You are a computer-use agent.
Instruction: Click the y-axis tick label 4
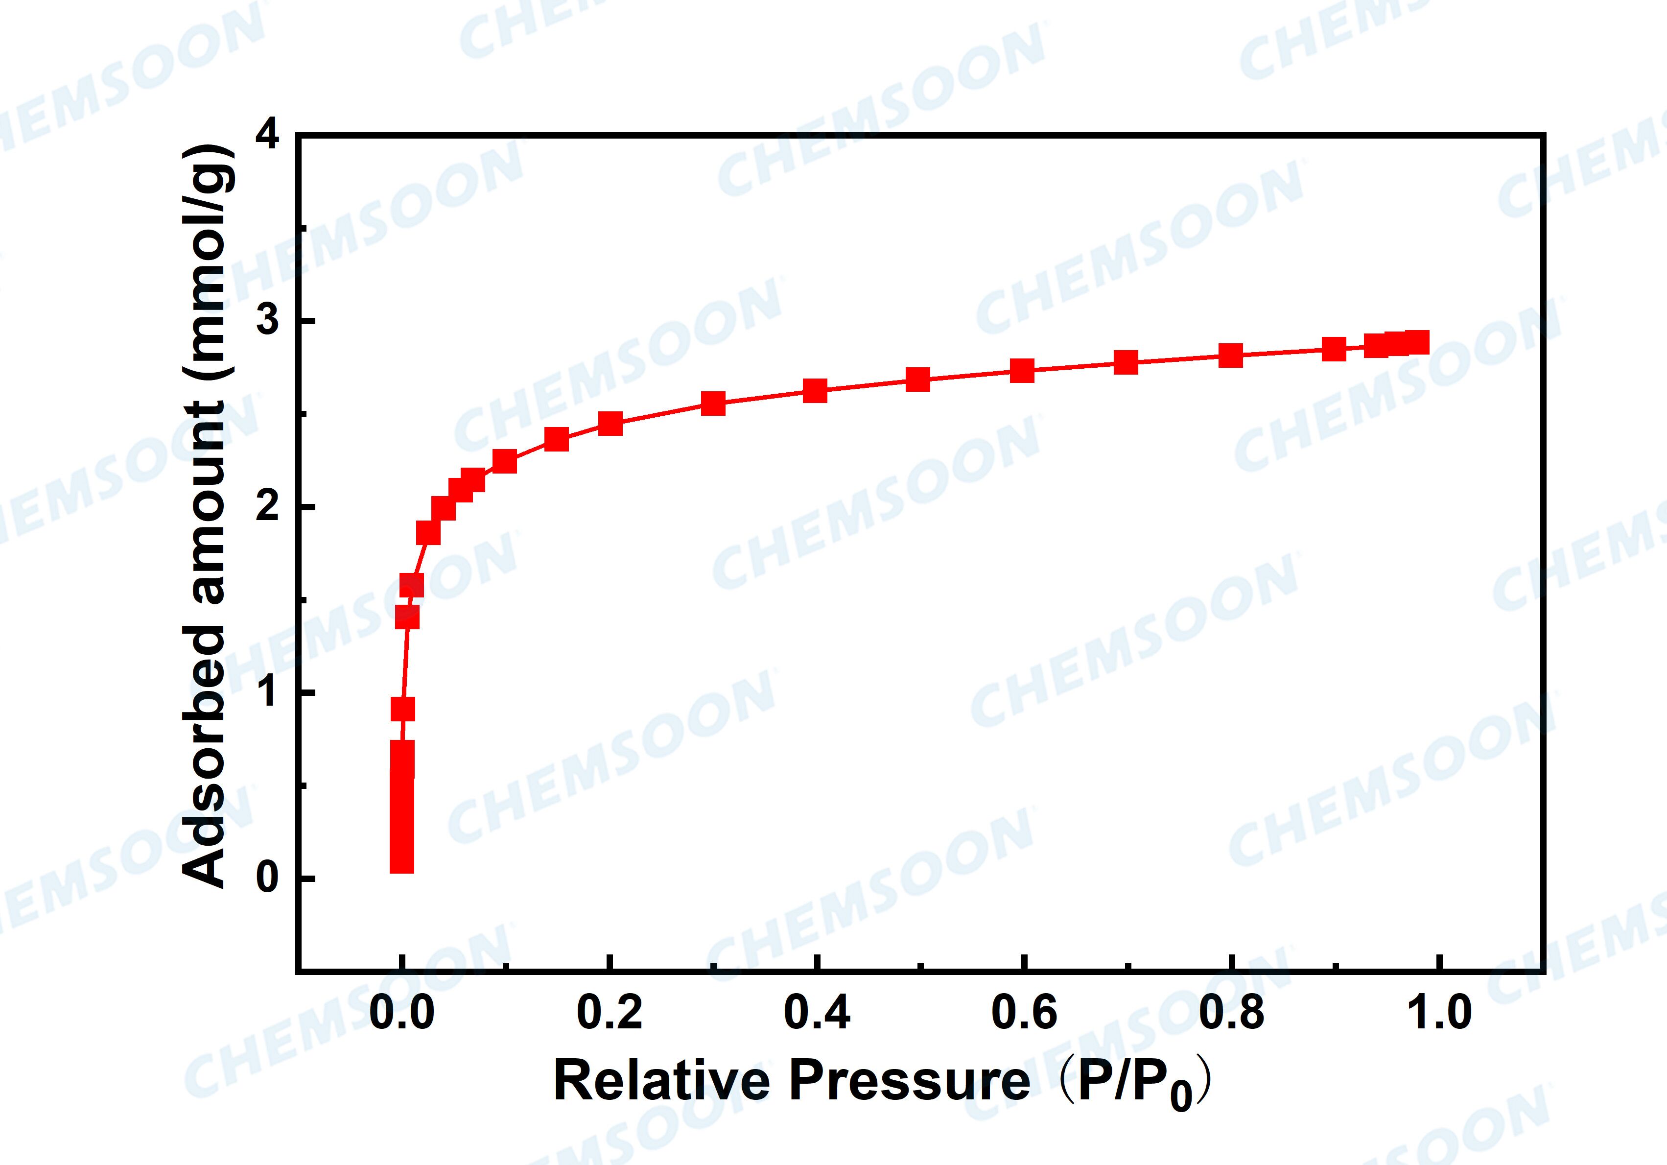(x=268, y=136)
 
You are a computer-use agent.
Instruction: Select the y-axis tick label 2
(x=268, y=506)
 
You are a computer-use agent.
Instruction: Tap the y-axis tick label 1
(x=268, y=692)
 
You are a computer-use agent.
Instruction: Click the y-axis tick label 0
(x=268, y=878)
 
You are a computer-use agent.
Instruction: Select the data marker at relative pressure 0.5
(x=918, y=379)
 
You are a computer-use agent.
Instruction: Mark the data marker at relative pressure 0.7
(x=1126, y=362)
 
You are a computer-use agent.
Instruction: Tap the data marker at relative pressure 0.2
(x=610, y=423)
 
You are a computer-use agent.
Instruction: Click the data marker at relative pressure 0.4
(x=815, y=390)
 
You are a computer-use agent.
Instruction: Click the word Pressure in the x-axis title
(x=909, y=1081)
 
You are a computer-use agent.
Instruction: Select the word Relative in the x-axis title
(x=662, y=1081)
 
